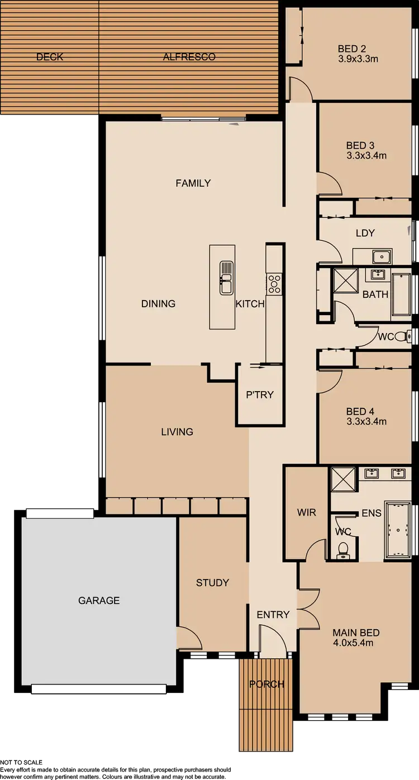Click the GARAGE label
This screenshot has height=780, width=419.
coord(99,601)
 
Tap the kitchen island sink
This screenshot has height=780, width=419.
coord(226,277)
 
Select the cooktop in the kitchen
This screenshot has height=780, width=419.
coord(274,284)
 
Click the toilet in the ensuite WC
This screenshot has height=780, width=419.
coord(344,550)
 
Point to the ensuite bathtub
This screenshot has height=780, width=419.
coord(398,530)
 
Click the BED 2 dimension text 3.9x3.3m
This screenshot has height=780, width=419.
coord(358,58)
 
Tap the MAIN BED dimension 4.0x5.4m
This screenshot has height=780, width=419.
coord(353,643)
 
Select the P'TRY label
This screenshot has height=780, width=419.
coord(260,394)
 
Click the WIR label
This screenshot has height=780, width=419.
coord(306,512)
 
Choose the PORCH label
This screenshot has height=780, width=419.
coord(266,684)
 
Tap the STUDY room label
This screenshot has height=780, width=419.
coord(212,583)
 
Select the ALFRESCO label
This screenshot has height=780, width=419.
coord(189,57)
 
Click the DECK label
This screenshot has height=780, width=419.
coord(50,57)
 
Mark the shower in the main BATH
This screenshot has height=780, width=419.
coord(345,280)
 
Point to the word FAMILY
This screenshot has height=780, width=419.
coord(193,183)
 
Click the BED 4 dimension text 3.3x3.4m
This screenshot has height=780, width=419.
coord(366,422)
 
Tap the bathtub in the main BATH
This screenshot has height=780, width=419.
coord(401,294)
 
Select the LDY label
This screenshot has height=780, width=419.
coord(365,233)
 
